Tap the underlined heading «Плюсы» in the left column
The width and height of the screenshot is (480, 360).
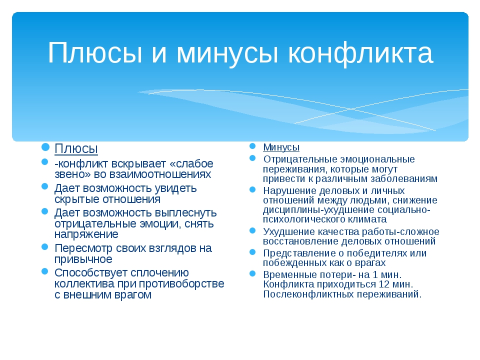(x=76, y=149)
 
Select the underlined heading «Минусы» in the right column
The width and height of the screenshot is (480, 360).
(x=281, y=147)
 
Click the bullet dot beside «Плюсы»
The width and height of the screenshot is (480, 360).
(x=45, y=147)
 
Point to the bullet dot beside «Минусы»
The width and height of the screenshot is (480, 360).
(x=252, y=146)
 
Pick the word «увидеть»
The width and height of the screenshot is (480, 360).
(x=175, y=188)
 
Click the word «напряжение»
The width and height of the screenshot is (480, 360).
(x=86, y=234)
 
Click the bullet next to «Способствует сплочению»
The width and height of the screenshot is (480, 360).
(x=45, y=271)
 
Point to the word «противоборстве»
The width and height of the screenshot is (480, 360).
(x=181, y=284)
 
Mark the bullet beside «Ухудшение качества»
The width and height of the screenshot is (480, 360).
(x=252, y=230)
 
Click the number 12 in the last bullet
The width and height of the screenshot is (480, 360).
(x=384, y=284)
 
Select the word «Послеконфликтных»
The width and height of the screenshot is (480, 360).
(x=308, y=294)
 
